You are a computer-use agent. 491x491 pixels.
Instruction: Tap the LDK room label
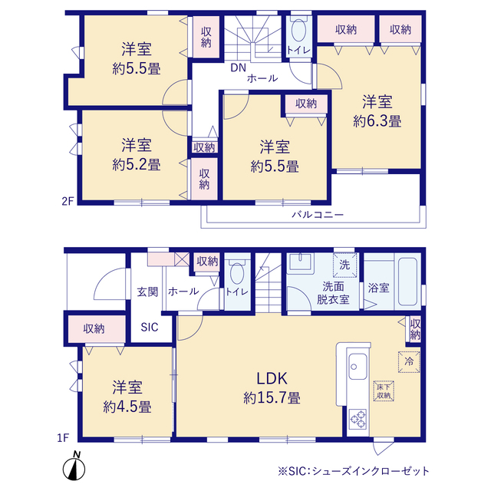click(x=272, y=378)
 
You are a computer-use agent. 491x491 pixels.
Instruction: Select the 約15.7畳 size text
click(x=272, y=398)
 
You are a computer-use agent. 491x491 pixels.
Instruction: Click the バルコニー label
click(x=318, y=215)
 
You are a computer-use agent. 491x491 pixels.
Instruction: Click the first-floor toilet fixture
click(x=237, y=272)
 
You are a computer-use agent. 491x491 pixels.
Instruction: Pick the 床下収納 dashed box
click(x=384, y=391)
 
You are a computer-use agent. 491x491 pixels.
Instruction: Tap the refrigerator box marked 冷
click(x=409, y=362)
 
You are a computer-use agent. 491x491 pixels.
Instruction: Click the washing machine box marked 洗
click(x=344, y=265)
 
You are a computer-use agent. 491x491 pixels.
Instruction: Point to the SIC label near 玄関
click(x=150, y=328)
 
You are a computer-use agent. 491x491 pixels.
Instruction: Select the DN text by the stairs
click(x=239, y=68)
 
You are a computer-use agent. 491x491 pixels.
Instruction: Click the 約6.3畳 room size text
click(x=377, y=121)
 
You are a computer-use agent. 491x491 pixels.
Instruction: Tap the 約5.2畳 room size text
click(x=137, y=165)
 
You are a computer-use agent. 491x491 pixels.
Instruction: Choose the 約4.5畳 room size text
click(x=127, y=407)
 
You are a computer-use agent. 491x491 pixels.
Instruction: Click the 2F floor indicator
click(x=68, y=201)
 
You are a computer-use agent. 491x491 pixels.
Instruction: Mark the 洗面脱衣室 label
click(x=333, y=293)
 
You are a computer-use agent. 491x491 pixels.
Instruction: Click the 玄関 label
click(x=147, y=292)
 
